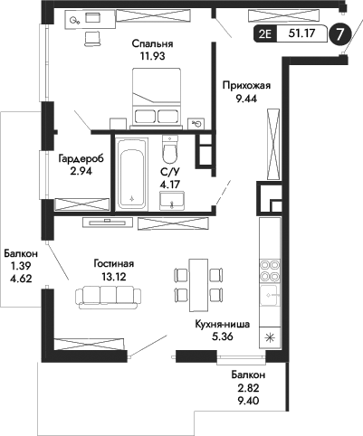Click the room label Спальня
(x=151, y=43)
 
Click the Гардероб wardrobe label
(x=81, y=158)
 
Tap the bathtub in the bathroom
(x=133, y=172)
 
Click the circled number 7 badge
(x=339, y=34)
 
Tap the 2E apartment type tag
(x=265, y=35)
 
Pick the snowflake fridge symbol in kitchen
(x=268, y=338)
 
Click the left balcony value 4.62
(x=19, y=281)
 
